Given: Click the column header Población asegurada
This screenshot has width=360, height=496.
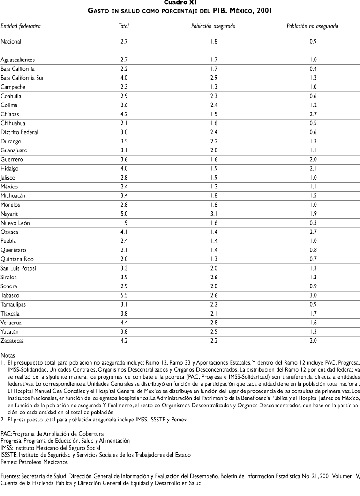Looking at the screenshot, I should pyautogui.click(x=210, y=26).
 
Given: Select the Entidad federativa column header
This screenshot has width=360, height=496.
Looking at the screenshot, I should pyautogui.click(x=21, y=26).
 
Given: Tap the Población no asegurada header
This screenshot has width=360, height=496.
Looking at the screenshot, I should pyautogui.click(x=313, y=26).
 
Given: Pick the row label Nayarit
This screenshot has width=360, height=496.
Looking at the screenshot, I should pyautogui.click(x=10, y=214).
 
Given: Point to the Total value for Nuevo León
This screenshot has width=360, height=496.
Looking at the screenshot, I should pyautogui.click(x=124, y=223).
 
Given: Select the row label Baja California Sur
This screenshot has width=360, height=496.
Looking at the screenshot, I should pyautogui.click(x=22, y=78).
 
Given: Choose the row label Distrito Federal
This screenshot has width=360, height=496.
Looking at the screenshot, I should pyautogui.click(x=20, y=132).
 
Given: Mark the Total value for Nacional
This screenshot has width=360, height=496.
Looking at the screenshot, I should pyautogui.click(x=124, y=42).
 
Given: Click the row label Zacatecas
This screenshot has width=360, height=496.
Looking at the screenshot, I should pyautogui.click(x=13, y=341).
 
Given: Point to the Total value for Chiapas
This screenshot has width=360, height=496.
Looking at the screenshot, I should pyautogui.click(x=124, y=114).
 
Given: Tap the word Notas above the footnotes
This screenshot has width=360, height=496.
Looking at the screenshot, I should pyautogui.click(x=8, y=355).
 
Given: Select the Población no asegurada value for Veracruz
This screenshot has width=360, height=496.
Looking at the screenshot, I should pyautogui.click(x=313, y=323).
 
